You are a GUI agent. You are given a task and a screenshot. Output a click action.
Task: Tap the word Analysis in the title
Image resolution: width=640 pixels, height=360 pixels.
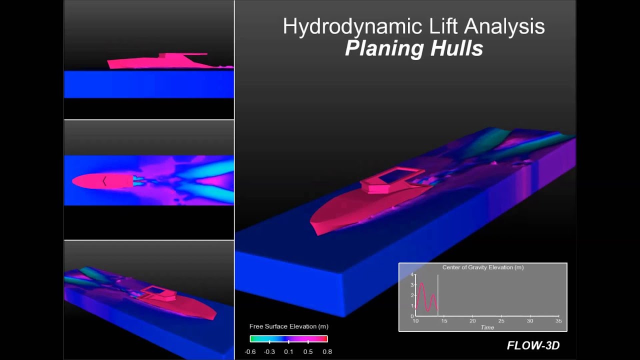[504, 26]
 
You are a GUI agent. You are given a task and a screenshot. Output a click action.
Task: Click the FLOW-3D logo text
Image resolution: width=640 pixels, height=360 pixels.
[533, 345]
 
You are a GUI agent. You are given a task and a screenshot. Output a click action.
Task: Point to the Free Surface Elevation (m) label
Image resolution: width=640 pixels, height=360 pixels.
[289, 326]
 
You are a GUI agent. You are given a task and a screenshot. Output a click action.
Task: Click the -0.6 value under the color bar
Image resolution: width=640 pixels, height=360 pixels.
[250, 351]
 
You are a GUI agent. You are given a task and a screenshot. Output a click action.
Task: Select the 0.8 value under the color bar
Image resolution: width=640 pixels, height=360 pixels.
[327, 351]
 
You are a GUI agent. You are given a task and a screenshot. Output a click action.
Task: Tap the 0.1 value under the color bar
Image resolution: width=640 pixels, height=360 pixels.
[288, 351]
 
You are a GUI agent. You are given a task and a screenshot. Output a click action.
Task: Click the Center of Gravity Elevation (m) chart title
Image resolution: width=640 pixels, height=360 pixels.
[483, 267]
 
